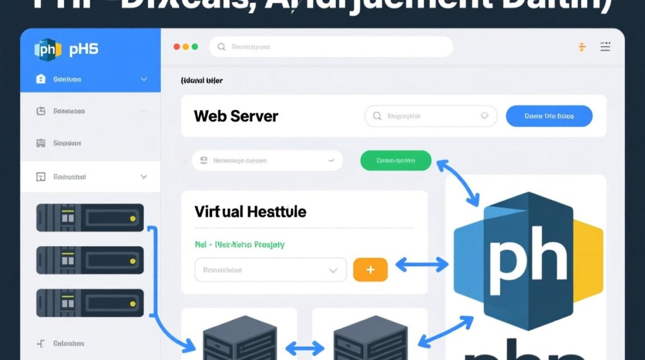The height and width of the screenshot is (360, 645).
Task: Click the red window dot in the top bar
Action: pyautogui.click(x=177, y=47)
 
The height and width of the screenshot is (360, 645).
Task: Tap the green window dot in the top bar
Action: pyautogui.click(x=194, y=47)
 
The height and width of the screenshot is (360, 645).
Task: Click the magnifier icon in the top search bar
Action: pyautogui.click(x=221, y=47)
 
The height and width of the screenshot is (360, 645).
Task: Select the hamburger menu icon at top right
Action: pyautogui.click(x=605, y=47)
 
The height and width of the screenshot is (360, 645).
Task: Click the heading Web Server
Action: pyautogui.click(x=236, y=116)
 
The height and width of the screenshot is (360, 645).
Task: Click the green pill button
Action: pyautogui.click(x=396, y=161)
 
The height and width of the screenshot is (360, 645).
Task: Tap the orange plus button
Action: pyautogui.click(x=370, y=270)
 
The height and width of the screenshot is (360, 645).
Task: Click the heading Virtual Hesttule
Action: pyautogui.click(x=250, y=212)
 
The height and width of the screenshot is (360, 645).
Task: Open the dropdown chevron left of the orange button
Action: pyautogui.click(x=333, y=270)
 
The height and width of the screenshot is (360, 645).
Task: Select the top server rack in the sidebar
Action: pyautogui.click(x=90, y=217)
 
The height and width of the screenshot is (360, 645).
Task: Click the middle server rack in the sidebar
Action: pyautogui.click(x=90, y=260)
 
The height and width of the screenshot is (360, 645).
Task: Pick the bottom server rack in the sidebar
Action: pyautogui.click(x=90, y=303)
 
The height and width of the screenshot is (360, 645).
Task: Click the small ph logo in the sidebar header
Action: pyautogui.click(x=48, y=49)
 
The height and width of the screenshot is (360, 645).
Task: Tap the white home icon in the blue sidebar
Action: pyautogui.click(x=41, y=79)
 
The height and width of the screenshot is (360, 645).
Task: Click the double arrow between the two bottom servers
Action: pyautogui.click(x=305, y=347)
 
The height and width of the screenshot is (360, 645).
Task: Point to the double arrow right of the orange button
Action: pyautogui.click(x=421, y=264)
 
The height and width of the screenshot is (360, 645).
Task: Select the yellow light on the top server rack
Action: pyautogui.click(x=133, y=218)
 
